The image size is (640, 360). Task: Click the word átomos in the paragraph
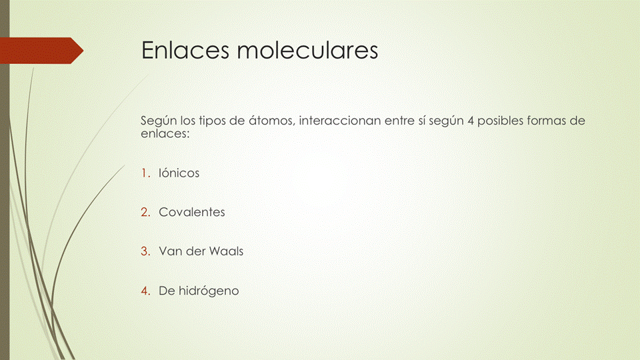point(270,121)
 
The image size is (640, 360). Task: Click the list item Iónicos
point(179,173)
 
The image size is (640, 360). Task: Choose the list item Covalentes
point(191,213)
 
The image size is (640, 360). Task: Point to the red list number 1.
point(145,173)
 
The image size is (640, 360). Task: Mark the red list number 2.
point(145,213)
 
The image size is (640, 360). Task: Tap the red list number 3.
point(145,252)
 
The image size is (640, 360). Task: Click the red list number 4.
point(145,291)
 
